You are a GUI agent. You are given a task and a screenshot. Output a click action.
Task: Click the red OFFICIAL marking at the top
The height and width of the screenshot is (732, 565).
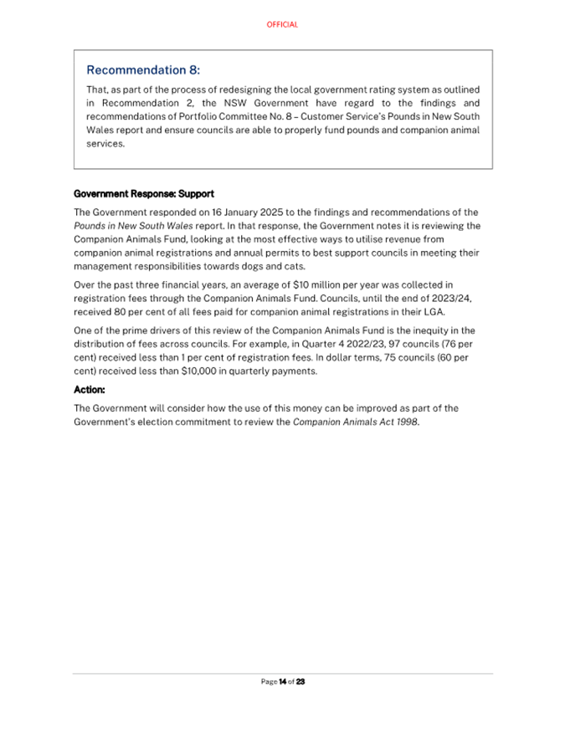(282, 25)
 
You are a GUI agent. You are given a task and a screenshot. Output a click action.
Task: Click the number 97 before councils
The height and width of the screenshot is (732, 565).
(346, 344)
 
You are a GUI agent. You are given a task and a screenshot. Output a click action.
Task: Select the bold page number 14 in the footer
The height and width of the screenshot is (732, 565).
(283, 682)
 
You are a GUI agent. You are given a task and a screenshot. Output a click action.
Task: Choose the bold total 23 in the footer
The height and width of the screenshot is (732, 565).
(300, 682)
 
